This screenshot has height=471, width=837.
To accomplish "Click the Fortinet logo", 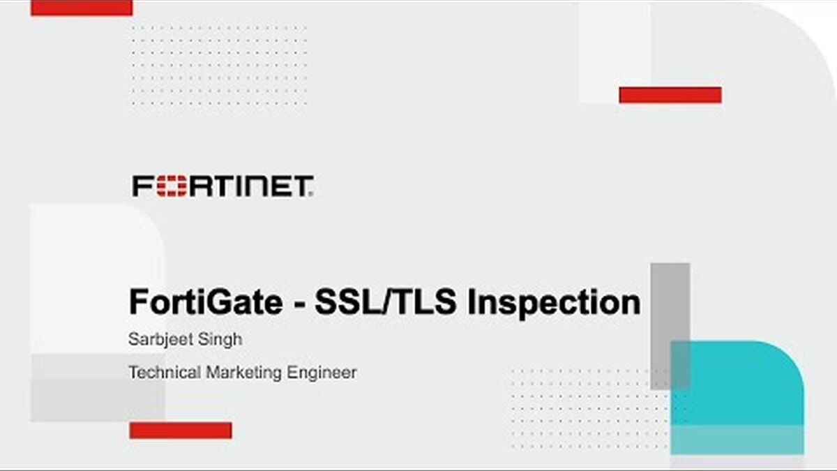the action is (x=223, y=186).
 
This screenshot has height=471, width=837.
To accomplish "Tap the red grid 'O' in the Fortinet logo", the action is (x=172, y=186).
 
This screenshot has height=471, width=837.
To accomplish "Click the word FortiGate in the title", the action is (x=206, y=301).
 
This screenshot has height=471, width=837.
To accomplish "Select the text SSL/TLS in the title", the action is (x=386, y=301).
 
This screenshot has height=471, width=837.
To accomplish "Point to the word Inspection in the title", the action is (x=554, y=304).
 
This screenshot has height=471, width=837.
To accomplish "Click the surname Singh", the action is (x=220, y=340).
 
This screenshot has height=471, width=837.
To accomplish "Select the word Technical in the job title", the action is (x=165, y=373).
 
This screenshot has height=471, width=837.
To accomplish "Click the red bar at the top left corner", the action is (x=82, y=8).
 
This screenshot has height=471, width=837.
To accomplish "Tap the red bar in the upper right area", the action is (x=670, y=95).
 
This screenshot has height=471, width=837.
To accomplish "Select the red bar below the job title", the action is (x=181, y=431).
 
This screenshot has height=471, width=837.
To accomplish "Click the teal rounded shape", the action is (x=737, y=398).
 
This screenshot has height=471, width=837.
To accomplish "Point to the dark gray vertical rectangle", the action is (x=670, y=326).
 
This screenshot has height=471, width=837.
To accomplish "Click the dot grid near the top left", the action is (x=219, y=66).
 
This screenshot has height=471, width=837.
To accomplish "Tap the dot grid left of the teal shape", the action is (x=589, y=409).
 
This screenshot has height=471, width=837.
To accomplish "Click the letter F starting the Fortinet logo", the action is (x=143, y=186).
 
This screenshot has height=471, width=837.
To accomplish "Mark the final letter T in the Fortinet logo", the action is (x=302, y=186).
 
